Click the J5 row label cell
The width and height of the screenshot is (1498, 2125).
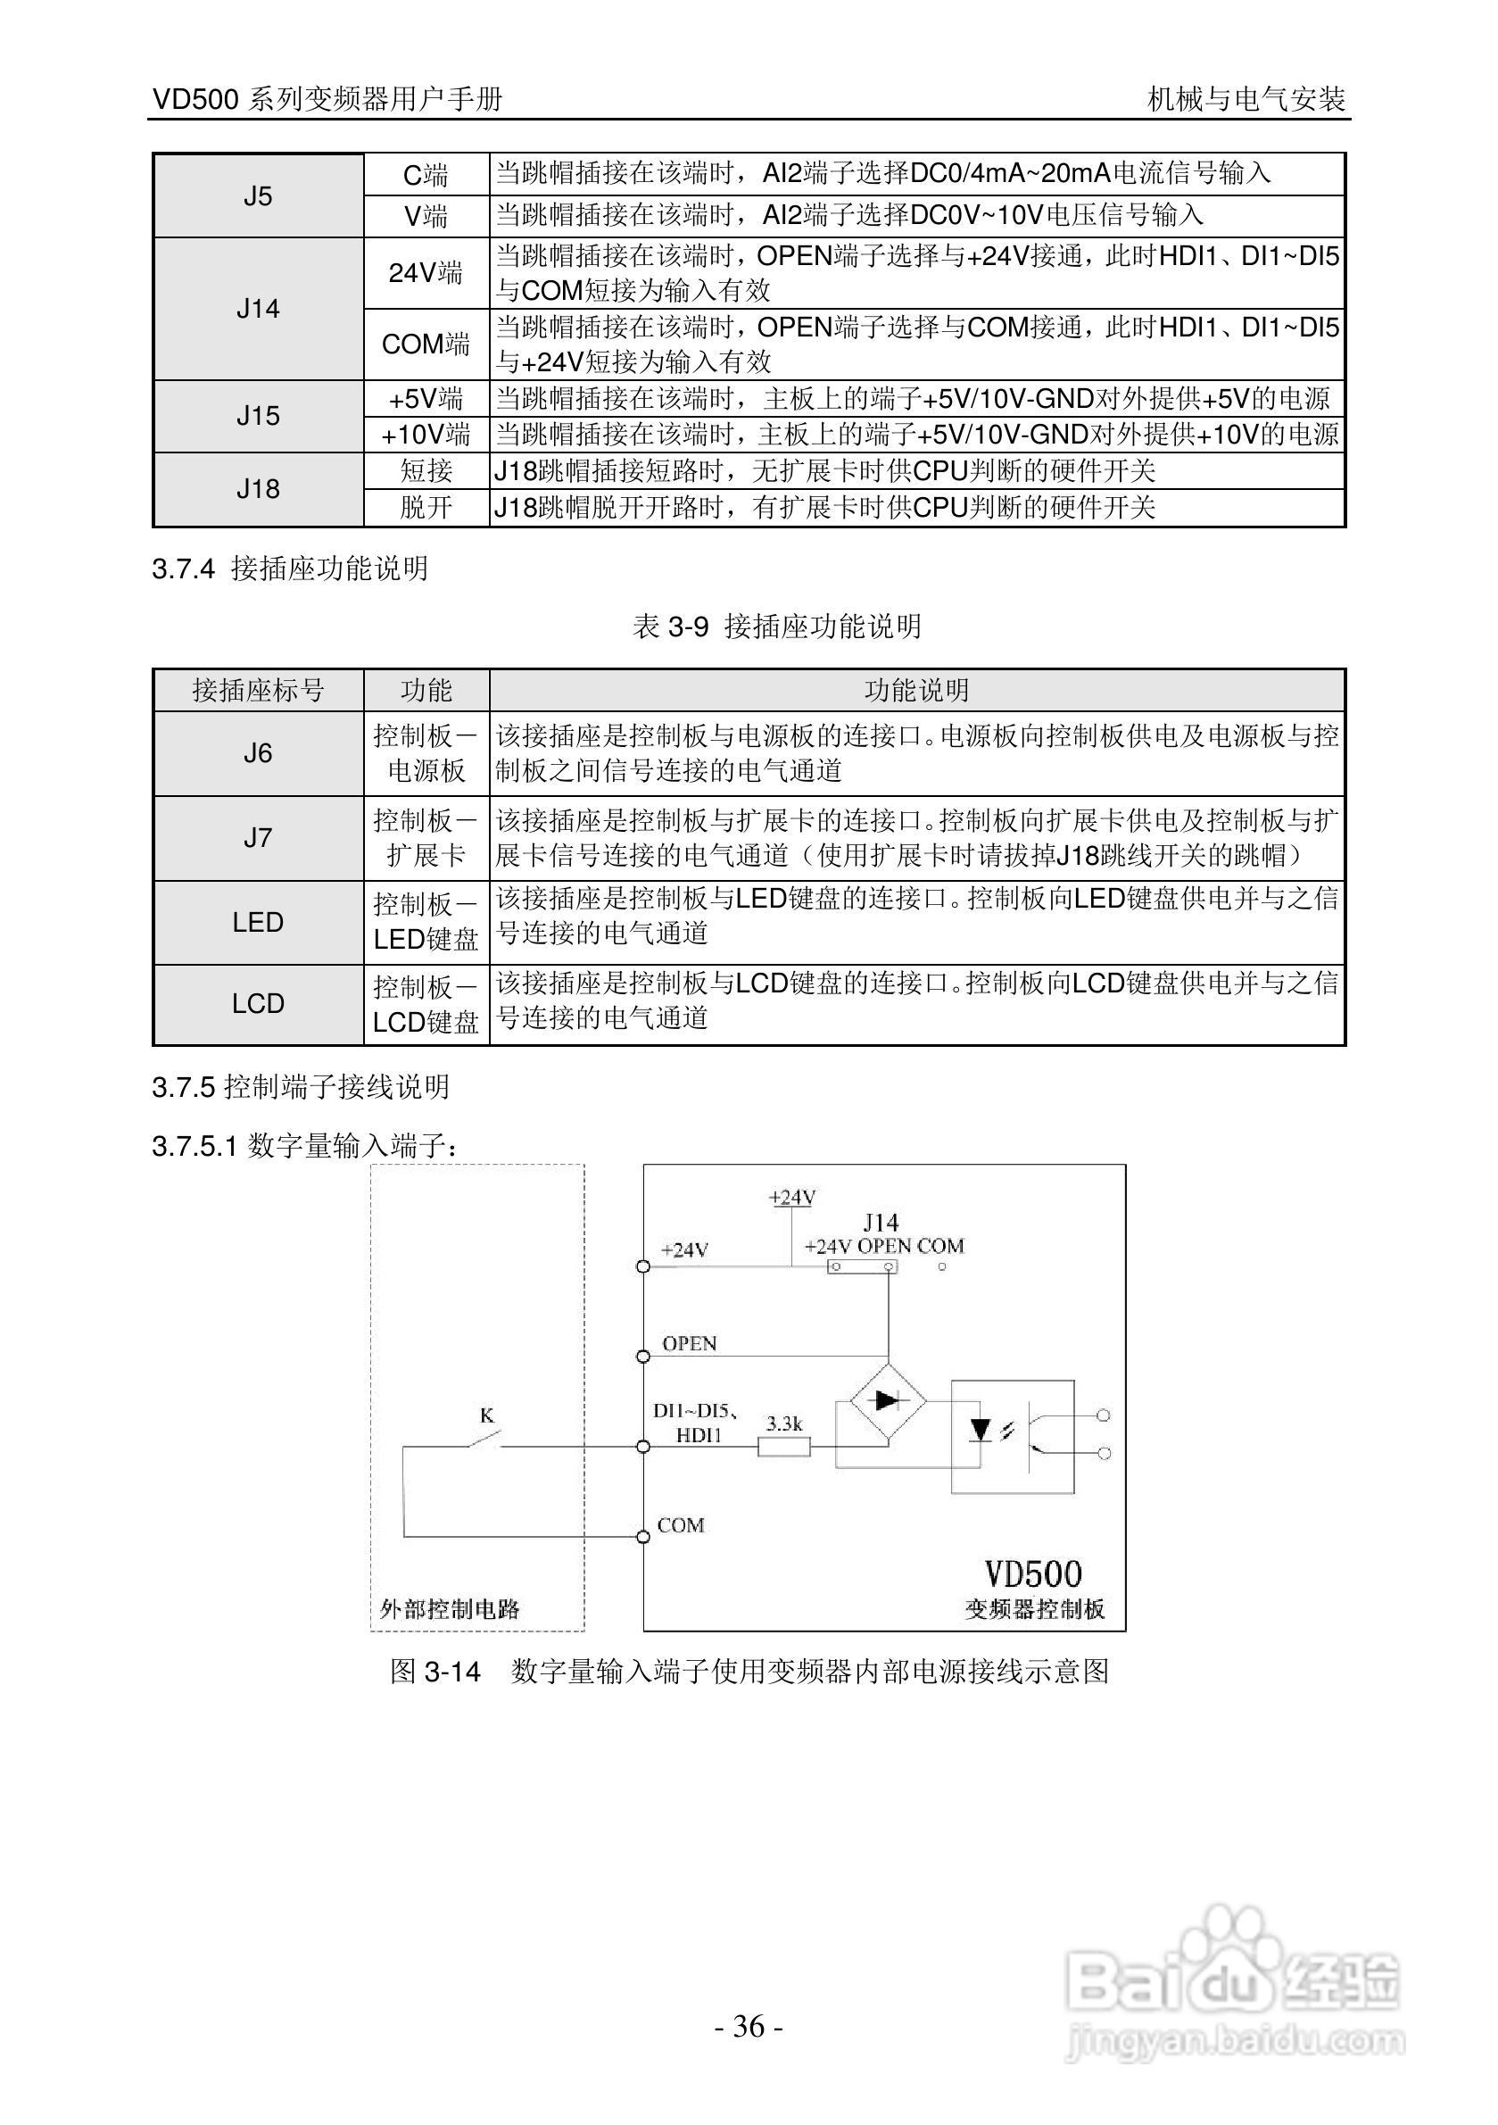(257, 195)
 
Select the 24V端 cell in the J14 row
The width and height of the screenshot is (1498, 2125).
(426, 273)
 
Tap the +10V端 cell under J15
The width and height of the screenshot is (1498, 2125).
(426, 434)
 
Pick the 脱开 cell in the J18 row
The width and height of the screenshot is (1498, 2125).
(426, 507)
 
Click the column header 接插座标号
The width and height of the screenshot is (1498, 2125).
(258, 691)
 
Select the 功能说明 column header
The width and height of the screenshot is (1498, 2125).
(916, 691)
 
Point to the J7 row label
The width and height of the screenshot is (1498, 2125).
(257, 838)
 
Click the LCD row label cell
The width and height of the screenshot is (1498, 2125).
(257, 1003)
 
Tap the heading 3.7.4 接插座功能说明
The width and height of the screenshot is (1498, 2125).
(290, 569)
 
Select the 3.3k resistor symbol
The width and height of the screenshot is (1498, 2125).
(783, 1447)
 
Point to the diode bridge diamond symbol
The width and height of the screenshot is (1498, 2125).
(888, 1401)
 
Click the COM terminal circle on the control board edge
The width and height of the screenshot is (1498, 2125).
(643, 1537)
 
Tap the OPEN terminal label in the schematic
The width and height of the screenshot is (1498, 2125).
(689, 1343)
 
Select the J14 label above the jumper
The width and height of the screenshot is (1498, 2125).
(880, 1222)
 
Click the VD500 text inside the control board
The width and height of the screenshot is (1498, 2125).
(1032, 1574)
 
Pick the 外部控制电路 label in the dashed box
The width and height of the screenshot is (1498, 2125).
(450, 1608)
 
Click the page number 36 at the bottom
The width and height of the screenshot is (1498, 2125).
(749, 2026)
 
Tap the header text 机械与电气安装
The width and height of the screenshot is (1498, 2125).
(1246, 99)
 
